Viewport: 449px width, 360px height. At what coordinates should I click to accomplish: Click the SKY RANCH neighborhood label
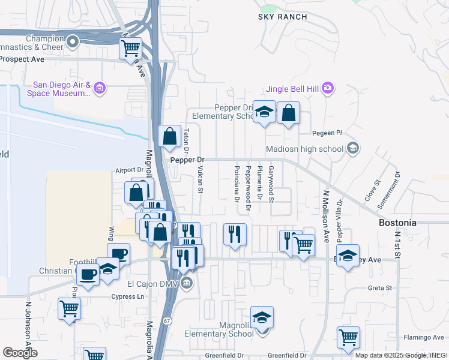click(282, 17)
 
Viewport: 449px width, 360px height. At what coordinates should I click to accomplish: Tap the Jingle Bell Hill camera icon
click(327, 88)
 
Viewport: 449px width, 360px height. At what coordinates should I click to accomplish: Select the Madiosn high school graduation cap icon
click(353, 148)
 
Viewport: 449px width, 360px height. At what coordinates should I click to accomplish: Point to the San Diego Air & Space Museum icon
click(100, 89)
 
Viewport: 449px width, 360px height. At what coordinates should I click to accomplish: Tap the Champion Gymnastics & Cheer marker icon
click(73, 41)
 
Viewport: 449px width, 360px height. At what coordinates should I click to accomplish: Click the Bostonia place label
click(397, 223)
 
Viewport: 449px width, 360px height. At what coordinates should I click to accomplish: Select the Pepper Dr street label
click(187, 160)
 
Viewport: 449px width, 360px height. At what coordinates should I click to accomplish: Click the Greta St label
click(379, 288)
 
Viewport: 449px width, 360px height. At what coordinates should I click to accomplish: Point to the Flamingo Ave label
click(423, 338)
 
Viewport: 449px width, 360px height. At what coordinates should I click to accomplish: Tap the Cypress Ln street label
click(128, 296)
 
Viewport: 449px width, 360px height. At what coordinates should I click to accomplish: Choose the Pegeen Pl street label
click(327, 133)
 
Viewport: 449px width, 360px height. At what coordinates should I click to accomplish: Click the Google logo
click(20, 353)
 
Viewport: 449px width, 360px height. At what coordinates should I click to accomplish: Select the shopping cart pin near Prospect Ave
click(131, 47)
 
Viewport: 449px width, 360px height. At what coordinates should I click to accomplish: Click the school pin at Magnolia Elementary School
click(262, 317)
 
